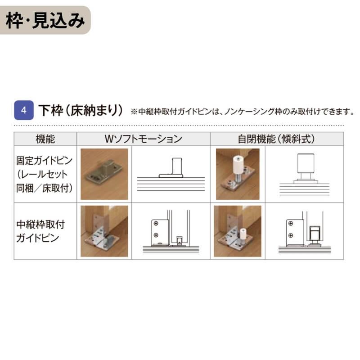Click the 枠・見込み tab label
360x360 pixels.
[45, 20]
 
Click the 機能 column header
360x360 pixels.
[45, 139]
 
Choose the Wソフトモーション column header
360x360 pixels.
[144, 139]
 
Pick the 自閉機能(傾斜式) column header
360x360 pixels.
[277, 139]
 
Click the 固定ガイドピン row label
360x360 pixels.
[45, 161]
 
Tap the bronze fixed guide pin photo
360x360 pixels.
[104, 174]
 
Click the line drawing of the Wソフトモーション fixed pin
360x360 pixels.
[171, 174]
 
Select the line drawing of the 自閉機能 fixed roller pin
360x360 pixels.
[304, 174]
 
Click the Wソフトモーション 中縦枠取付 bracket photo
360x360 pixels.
[104, 231]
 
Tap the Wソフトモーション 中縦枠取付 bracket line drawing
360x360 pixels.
[171, 231]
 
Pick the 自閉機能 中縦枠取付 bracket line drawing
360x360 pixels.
[304, 231]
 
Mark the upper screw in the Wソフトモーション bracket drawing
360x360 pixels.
[156, 224]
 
